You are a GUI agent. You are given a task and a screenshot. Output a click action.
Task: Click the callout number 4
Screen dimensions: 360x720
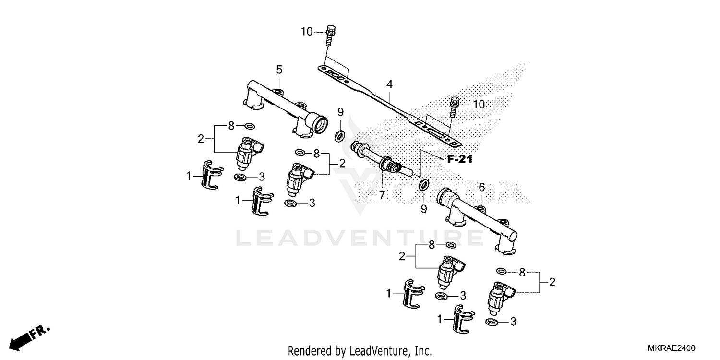coord(390,84)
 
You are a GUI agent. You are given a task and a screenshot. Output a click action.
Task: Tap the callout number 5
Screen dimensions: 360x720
coord(279,70)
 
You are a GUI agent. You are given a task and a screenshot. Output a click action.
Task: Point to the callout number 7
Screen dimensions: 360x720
coord(382,194)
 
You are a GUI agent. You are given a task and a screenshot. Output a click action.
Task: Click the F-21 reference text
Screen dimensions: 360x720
coord(459,160)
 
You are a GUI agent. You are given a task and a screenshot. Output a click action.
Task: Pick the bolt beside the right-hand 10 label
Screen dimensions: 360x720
coord(454,108)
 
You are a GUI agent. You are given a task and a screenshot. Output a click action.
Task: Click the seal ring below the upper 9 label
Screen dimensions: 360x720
coord(339,135)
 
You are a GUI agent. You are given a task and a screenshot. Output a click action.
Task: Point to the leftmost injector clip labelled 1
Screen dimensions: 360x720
coord(210,174)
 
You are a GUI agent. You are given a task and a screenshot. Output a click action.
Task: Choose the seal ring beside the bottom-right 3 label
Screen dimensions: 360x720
coord(491,322)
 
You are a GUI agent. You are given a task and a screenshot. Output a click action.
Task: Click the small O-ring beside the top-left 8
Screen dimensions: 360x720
coord(249,126)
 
